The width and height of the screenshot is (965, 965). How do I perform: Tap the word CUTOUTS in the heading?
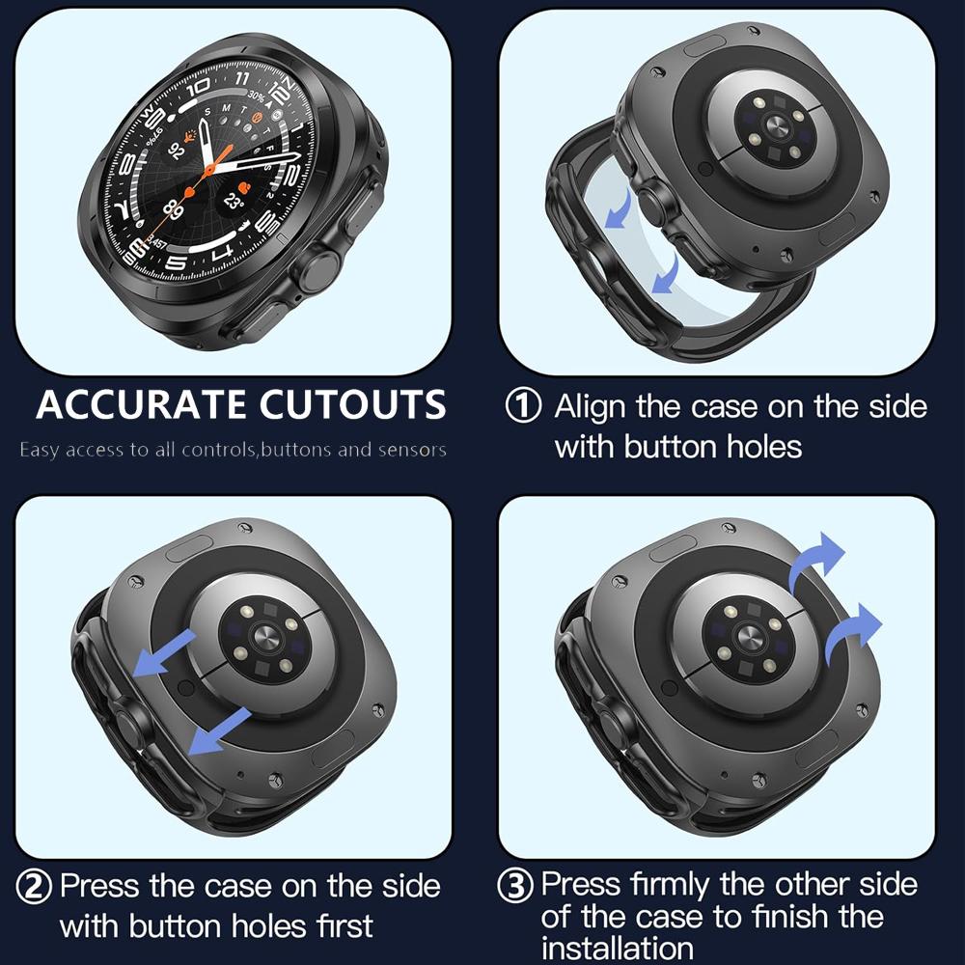tap(353, 405)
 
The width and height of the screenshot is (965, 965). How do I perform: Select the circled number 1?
tap(524, 406)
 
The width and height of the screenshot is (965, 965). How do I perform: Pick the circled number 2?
tap(36, 886)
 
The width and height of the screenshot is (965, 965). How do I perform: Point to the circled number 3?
tap(516, 885)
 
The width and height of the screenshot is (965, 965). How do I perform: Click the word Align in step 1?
tap(590, 406)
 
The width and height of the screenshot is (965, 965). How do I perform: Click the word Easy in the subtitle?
tap(39, 450)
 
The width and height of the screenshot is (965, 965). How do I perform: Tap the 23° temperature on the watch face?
tap(234, 202)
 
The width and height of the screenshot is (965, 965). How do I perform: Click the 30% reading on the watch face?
tap(256, 96)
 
